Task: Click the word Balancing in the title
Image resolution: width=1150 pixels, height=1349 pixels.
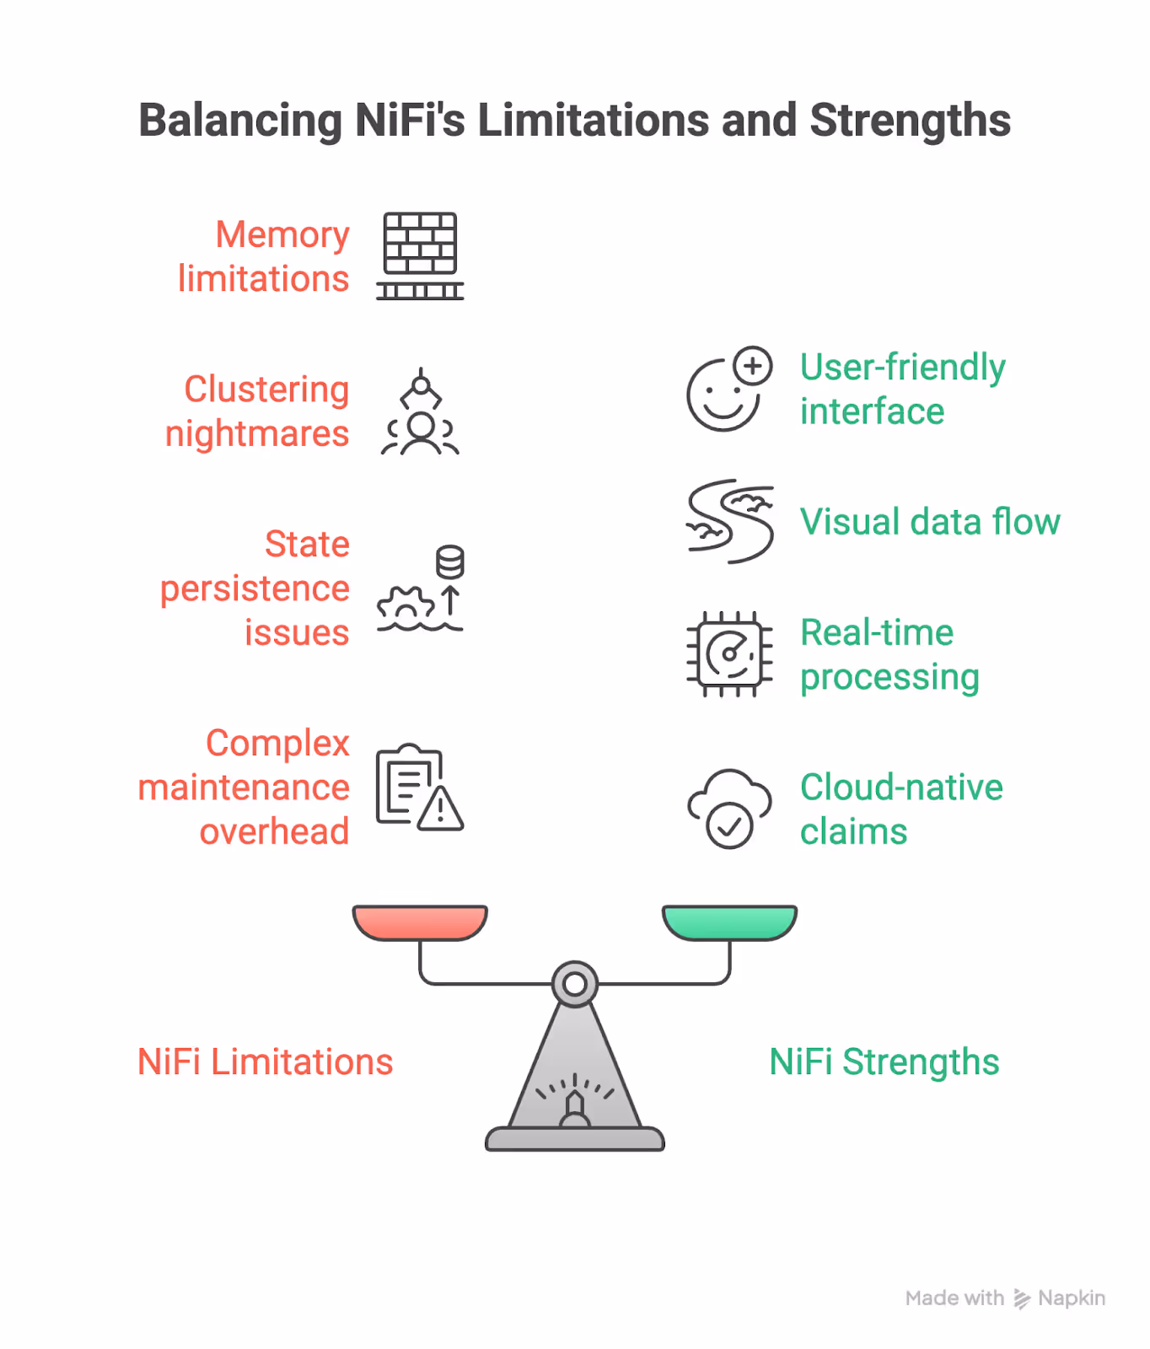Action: pos(240,121)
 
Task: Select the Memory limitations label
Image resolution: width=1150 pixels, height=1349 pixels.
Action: pos(264,256)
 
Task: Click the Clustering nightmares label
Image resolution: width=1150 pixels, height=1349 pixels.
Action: pos(258,411)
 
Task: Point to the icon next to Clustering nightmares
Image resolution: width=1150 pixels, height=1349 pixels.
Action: pos(420,412)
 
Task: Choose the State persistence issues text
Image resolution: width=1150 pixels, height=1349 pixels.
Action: pos(255,589)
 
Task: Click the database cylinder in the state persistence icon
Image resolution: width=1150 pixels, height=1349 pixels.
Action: pos(450,562)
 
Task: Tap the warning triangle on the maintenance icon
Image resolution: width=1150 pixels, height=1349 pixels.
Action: pos(440,810)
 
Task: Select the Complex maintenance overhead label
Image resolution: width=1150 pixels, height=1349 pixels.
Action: pos(245,787)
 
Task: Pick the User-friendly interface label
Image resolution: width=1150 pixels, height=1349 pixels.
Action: pos(902,390)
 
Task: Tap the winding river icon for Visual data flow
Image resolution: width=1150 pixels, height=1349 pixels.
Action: pos(730,521)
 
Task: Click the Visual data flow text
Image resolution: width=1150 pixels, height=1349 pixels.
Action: pos(930,522)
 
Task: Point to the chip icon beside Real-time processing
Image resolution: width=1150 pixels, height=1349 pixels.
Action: pos(730,654)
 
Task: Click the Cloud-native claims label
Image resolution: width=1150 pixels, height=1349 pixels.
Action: pos(901,809)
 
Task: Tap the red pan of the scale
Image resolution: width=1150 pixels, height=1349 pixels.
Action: pos(420,922)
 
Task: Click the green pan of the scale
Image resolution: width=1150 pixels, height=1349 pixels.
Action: pos(730,922)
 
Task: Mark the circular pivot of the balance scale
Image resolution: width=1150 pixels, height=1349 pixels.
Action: pos(575,983)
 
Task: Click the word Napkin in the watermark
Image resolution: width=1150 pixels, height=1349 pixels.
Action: pos(1072,1298)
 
